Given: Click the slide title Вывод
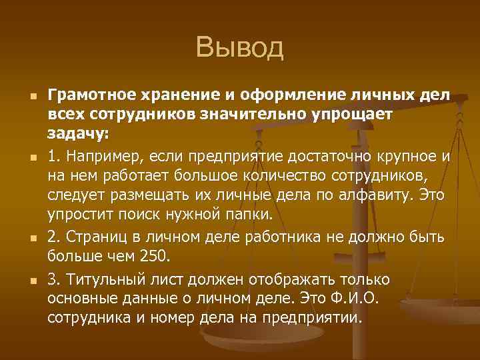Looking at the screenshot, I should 240,48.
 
